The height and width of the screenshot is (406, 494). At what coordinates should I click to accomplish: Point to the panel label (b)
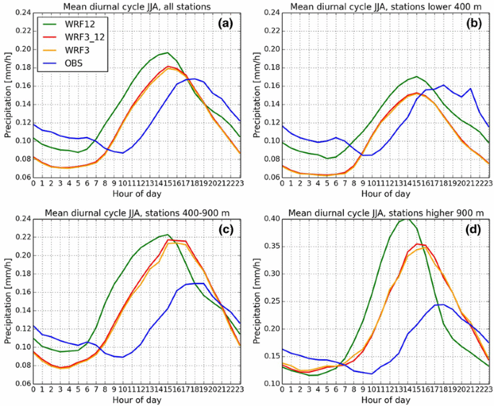coord(476,23)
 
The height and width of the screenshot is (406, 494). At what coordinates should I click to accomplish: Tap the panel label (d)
coord(476,228)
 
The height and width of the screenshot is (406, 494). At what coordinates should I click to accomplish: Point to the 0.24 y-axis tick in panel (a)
coord(21,13)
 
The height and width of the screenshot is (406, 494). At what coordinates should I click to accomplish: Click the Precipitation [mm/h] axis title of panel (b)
coord(257,95)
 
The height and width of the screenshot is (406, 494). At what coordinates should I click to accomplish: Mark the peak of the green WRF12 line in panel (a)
coord(167,52)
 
